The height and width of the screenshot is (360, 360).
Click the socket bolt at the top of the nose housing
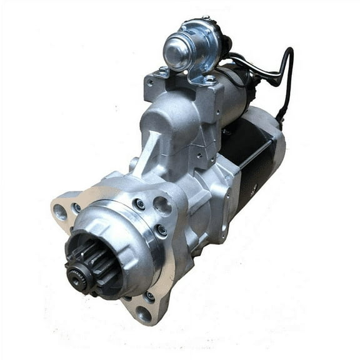click(x=139, y=204)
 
